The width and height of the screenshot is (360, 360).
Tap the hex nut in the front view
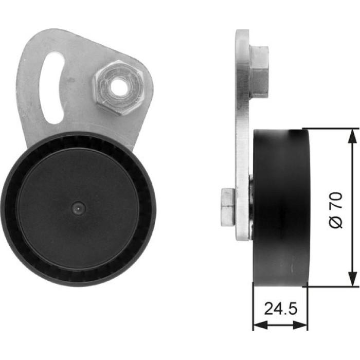tap(118, 87)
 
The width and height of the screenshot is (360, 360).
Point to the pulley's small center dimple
tap(78, 208)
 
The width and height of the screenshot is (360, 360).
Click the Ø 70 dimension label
tap(336, 210)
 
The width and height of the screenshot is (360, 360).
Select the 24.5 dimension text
tap(281, 309)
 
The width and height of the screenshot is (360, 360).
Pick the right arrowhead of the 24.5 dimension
tap(300, 325)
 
